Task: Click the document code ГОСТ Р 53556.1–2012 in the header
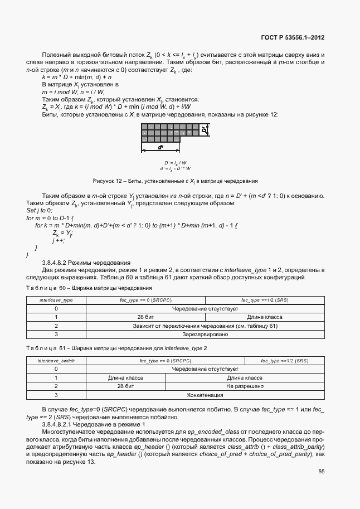(x=293, y=37)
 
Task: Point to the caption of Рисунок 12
(x=175, y=181)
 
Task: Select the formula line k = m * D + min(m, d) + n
(x=77, y=77)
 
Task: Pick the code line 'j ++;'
(x=59, y=240)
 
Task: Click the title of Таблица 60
(x=89, y=288)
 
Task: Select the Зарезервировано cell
(x=205, y=334)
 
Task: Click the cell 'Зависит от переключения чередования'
(x=205, y=326)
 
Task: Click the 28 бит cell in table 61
(x=125, y=386)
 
